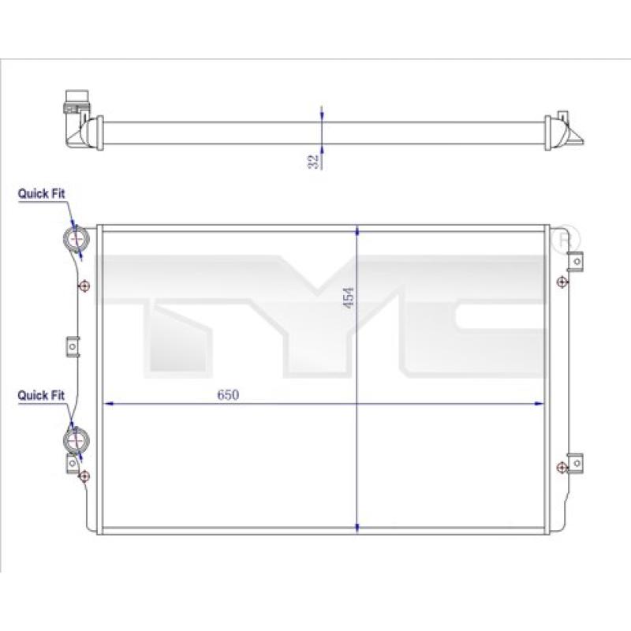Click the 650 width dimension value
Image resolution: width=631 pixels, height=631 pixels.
pos(228,395)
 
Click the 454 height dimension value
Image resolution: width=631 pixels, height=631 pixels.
pos(349,298)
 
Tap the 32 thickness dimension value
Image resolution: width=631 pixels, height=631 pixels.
pos(313,162)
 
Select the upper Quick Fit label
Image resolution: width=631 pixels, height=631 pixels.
pos(41,193)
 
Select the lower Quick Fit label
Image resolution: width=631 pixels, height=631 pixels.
pos(41,395)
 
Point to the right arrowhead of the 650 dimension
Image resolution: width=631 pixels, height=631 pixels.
pos(539,403)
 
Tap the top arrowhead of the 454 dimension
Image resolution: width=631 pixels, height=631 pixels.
pos(357,231)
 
